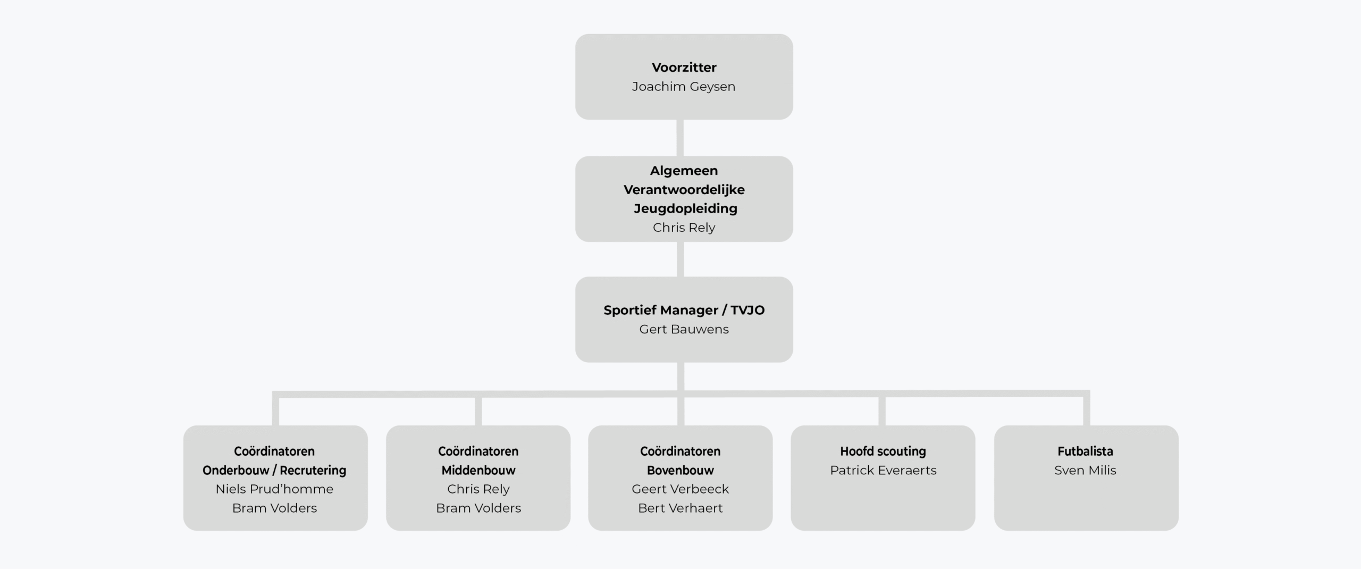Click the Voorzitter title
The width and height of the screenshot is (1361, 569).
coord(684,68)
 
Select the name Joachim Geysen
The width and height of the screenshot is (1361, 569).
coord(684,87)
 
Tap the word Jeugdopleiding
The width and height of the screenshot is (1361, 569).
coord(685,208)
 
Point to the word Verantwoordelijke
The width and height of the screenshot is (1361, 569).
coord(684,190)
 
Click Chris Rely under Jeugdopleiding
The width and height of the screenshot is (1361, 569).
coord(684,228)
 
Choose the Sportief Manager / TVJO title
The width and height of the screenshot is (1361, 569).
coord(684,310)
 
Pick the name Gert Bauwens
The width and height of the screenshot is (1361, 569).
coord(684,329)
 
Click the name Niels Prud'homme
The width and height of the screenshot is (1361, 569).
coord(274,489)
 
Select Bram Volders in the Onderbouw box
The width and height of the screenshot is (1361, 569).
coord(274,508)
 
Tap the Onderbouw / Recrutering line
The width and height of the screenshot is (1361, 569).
coord(274,470)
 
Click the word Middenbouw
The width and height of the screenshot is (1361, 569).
coord(478,470)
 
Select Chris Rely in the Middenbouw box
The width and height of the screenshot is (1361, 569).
coord(478,489)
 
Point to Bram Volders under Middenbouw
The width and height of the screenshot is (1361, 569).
coord(478,508)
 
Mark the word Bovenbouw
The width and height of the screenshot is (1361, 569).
coord(680,470)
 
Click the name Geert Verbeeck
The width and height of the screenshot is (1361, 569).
coord(680,489)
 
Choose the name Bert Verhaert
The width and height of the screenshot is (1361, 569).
coord(680,508)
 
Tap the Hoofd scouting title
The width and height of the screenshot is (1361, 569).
coord(883,451)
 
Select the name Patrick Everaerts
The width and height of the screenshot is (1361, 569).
coord(883,471)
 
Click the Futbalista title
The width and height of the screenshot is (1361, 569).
coord(1085,451)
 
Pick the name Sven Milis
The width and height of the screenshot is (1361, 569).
coord(1085,471)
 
